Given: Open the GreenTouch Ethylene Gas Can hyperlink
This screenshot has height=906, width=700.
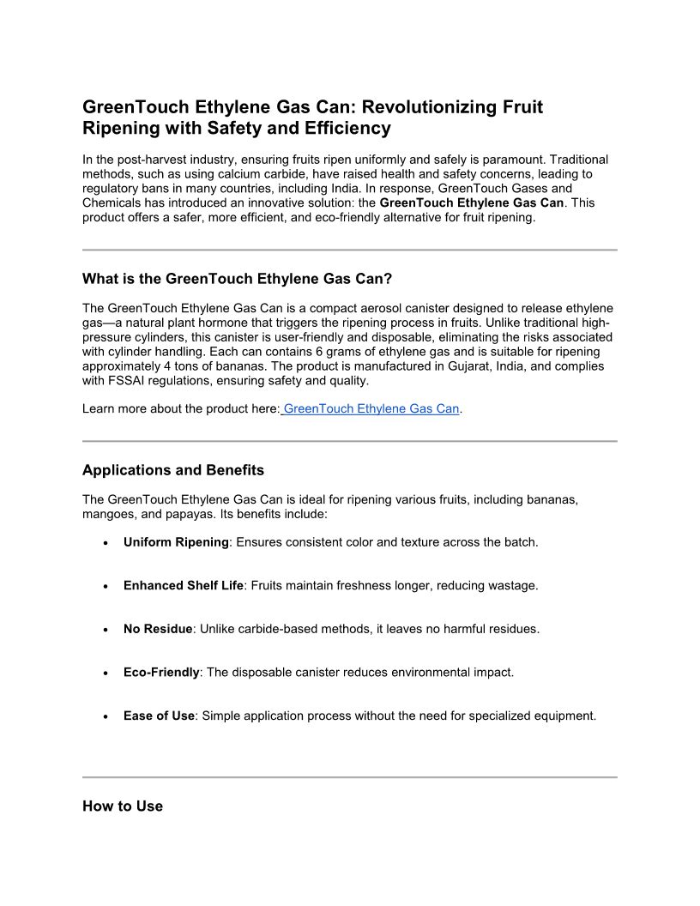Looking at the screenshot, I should [x=371, y=408].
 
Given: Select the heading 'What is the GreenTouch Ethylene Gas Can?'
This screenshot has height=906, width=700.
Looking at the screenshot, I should [x=237, y=279].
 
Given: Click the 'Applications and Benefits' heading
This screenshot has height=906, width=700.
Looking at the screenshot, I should [x=173, y=470].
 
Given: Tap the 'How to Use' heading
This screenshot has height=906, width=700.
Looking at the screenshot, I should [x=123, y=806].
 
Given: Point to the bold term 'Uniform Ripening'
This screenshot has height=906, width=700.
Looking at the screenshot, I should [x=176, y=542].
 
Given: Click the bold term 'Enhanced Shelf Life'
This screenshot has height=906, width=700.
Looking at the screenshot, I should [x=184, y=585].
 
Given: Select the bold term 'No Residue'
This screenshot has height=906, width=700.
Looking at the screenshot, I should [x=158, y=629].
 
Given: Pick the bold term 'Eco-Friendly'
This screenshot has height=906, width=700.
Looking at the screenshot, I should [x=161, y=672].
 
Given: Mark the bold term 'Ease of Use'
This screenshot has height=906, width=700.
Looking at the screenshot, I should [x=159, y=716].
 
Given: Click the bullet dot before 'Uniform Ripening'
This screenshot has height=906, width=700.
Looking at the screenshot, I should [x=105, y=543].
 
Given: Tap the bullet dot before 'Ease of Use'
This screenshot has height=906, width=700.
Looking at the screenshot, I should [x=105, y=716].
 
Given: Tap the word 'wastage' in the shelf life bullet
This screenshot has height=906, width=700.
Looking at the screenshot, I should [x=512, y=585].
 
